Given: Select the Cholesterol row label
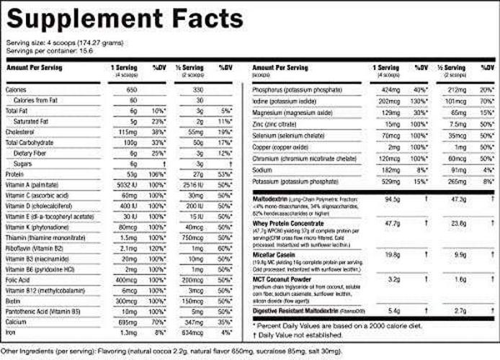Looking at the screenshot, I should tap(22, 132).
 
